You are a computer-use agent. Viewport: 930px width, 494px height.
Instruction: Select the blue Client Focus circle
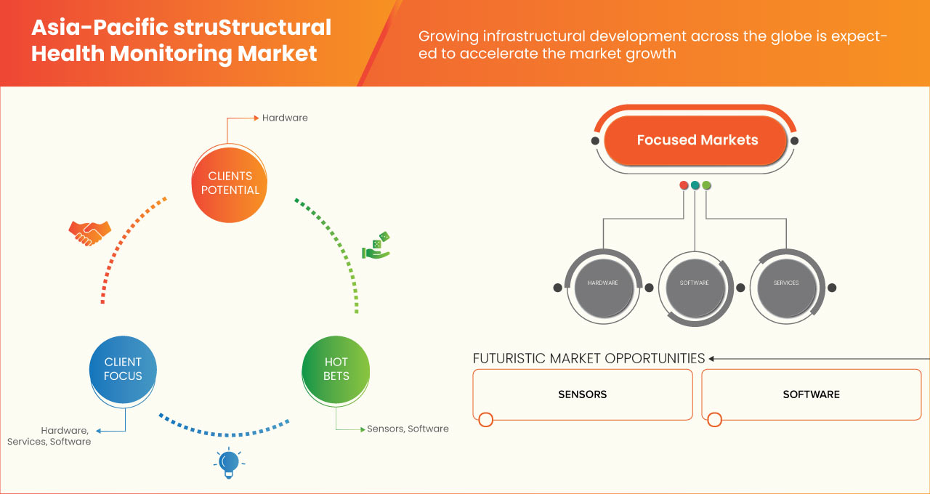tap(123, 369)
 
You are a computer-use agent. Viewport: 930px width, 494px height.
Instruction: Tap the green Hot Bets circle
tap(336, 369)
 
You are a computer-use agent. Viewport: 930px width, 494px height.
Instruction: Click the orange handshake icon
tap(89, 232)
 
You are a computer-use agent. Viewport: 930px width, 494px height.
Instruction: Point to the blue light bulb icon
tap(229, 463)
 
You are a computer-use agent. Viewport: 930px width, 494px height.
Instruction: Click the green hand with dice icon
tap(376, 246)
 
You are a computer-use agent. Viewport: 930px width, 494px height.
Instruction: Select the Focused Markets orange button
tap(697, 140)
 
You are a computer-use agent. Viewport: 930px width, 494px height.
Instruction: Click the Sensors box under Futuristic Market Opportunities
tap(582, 394)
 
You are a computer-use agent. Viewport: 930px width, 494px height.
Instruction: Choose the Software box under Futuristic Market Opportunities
tap(811, 394)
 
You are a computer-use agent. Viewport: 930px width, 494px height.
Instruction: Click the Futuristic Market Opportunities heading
tap(589, 358)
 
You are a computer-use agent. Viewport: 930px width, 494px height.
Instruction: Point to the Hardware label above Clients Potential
tap(285, 118)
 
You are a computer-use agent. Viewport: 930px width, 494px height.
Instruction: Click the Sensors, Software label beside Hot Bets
tap(408, 429)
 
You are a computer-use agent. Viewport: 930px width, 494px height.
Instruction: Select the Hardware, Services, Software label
tap(49, 436)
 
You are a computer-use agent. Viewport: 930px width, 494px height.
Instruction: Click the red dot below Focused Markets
tap(684, 185)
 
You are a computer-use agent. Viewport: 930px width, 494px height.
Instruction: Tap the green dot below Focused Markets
tap(707, 185)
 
